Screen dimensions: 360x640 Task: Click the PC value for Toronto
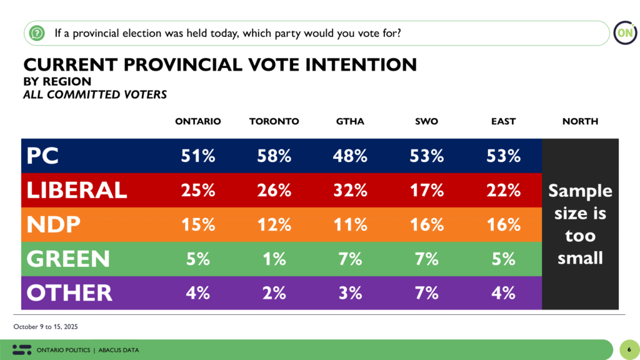274,156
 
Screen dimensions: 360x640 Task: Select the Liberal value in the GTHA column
350,190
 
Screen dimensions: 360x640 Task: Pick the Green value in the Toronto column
274,259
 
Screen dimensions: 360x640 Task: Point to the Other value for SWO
426,292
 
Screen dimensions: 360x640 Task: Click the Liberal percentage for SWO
426,190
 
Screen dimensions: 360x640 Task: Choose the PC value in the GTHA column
350,156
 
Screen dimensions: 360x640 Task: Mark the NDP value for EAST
503,224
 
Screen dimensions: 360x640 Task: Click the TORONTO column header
274,121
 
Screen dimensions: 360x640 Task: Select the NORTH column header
580,121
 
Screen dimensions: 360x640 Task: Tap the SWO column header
426,121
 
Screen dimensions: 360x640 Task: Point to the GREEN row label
69,259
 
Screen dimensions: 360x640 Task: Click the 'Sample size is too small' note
580,224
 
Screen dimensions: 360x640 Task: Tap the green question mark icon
37,32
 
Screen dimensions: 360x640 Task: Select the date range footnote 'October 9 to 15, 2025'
45,327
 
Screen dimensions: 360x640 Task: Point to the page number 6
628,349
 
